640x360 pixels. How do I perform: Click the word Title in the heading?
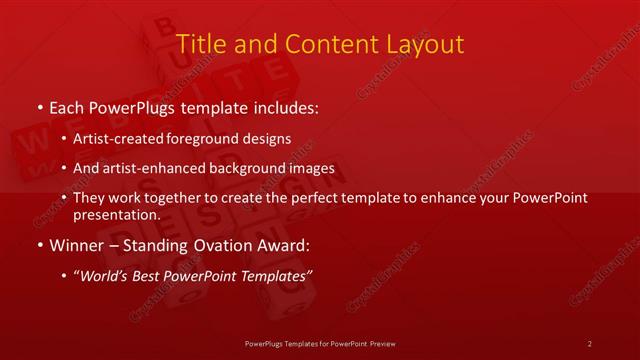click(x=199, y=44)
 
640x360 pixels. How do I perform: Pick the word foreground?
click(x=208, y=139)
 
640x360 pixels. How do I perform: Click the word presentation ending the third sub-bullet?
click(x=116, y=215)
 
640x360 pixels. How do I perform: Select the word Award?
click(x=273, y=245)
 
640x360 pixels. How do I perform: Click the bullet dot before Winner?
click(x=38, y=245)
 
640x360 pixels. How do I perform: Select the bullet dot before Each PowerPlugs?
click(x=38, y=108)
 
